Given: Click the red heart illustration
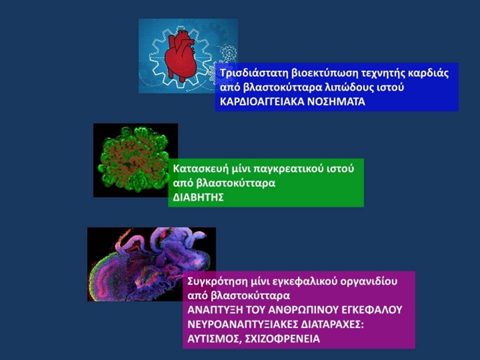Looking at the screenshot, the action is pos(180,56).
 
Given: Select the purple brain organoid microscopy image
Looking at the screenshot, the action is pos(151,264).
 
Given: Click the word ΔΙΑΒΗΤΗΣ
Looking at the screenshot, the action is pos(198,197).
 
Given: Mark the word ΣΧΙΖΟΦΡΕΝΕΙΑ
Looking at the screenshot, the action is pos(282,339).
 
